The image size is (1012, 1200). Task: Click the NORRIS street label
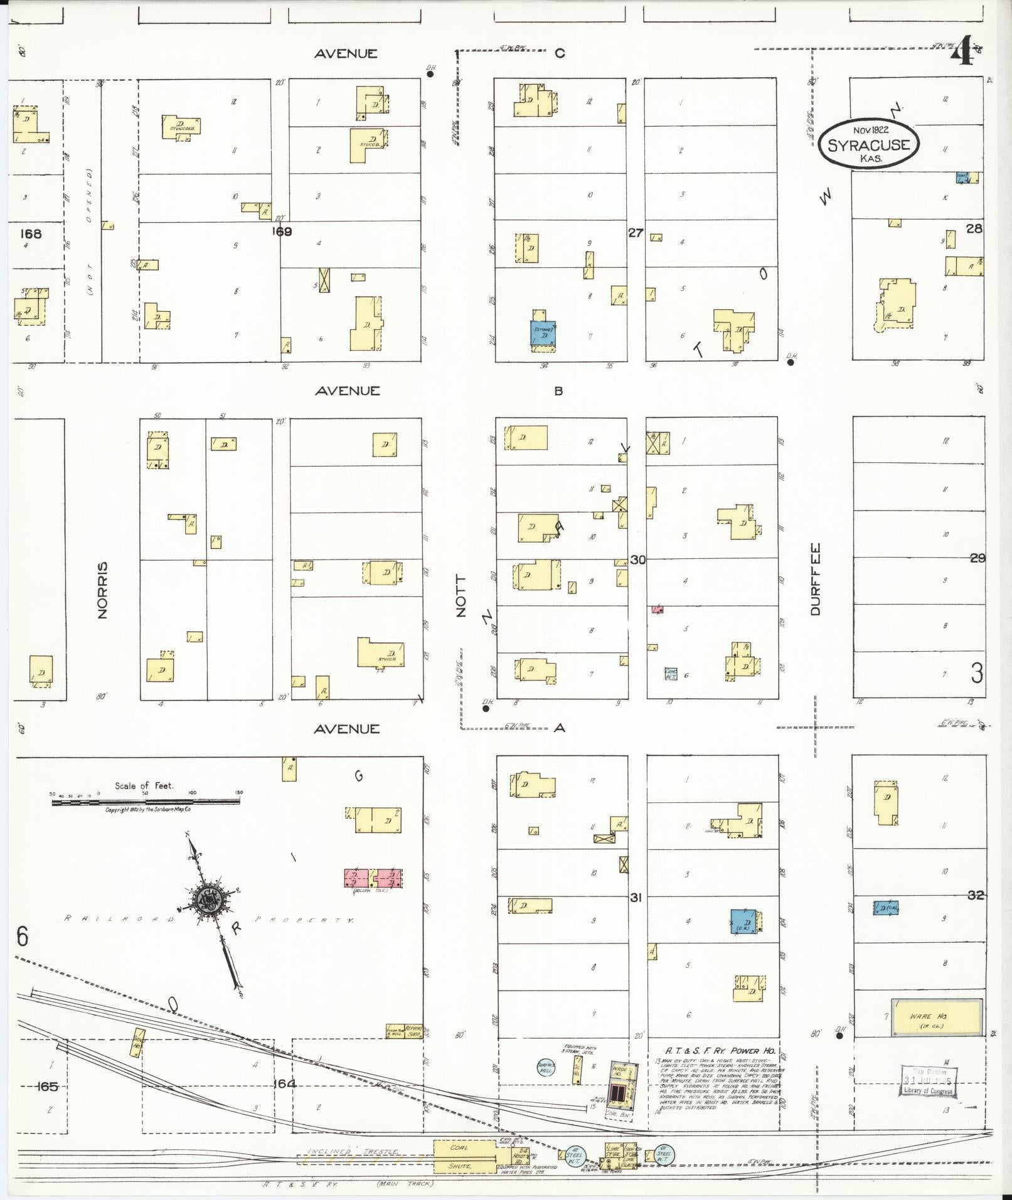point(103,590)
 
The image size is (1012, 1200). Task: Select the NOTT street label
point(461,596)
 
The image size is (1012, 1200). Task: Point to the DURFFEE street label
point(815,578)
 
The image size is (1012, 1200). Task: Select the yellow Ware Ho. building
point(937,1017)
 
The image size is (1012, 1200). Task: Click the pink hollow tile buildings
point(373,878)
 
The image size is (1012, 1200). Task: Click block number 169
point(282,231)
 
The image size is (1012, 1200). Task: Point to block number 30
point(637,559)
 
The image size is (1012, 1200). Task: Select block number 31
point(636,898)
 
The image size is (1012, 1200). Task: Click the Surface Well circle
point(546,1067)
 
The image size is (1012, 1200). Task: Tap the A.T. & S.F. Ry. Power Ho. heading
point(720,1051)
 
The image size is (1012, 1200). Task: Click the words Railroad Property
point(210,919)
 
